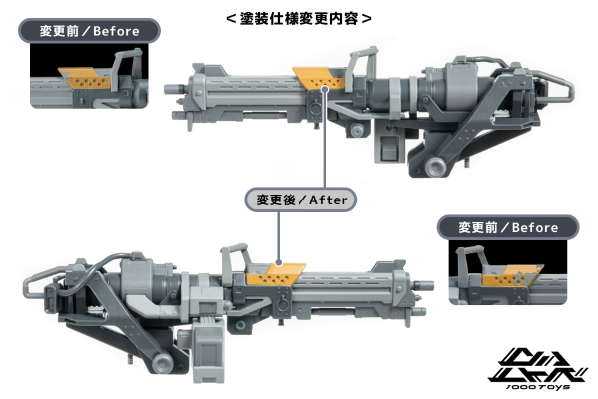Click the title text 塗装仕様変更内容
click(x=300, y=18)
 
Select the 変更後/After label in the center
click(x=299, y=199)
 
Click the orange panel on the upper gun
click(x=317, y=78)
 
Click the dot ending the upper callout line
click(x=326, y=88)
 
